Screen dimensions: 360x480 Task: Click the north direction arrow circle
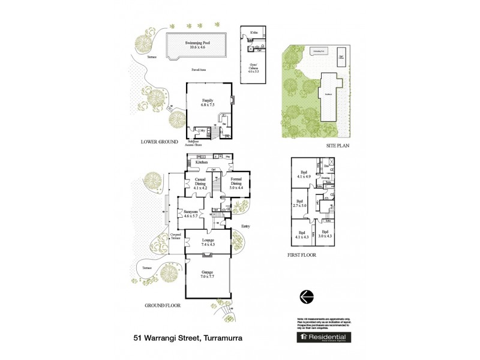click(306, 295)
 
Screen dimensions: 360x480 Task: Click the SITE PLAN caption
click(337, 145)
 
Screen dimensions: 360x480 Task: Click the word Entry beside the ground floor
click(245, 226)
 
